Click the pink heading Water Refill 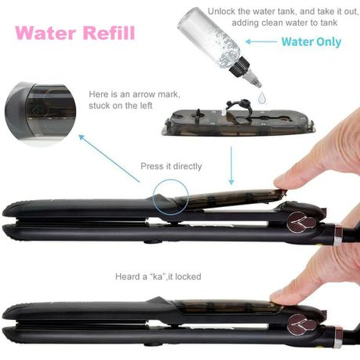[x=75, y=33]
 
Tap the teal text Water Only [x=311, y=42]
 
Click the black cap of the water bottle [x=240, y=65]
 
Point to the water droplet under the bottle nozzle [x=262, y=97]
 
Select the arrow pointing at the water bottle [x=261, y=42]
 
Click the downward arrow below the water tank [x=231, y=165]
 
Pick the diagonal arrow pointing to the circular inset [x=109, y=158]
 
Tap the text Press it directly [x=171, y=166]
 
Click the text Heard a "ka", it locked [x=158, y=277]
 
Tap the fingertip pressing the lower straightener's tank [x=281, y=297]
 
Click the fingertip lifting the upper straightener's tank [x=284, y=183]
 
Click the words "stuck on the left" [x=121, y=106]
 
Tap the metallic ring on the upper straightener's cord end [x=339, y=235]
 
